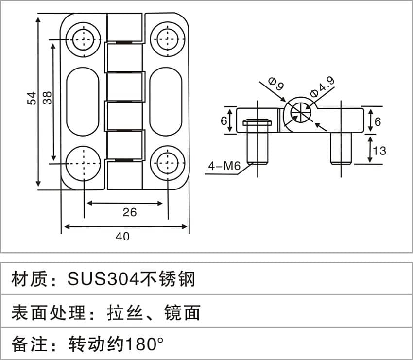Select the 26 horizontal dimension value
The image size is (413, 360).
pos(130,212)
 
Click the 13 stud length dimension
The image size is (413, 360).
pos(379,151)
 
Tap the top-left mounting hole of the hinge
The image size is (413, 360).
pos(84,39)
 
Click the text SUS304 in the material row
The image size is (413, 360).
pos(104,279)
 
